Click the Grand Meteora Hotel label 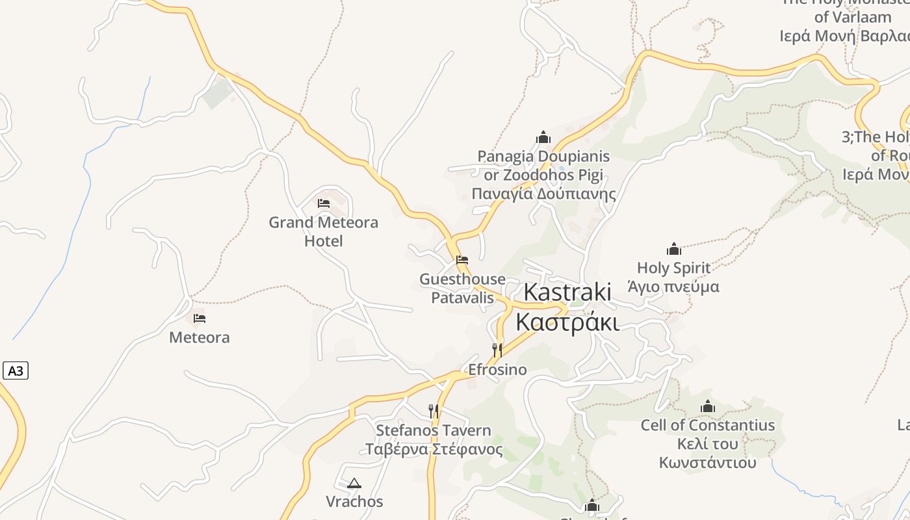(323, 231)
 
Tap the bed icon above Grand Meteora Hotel (324, 203)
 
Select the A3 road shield (16, 371)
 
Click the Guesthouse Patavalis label (462, 288)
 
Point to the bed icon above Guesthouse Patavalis (462, 259)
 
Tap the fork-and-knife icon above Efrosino (497, 350)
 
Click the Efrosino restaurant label (497, 370)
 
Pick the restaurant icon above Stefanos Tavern (434, 411)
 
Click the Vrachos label (354, 502)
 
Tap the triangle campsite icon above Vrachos (354, 483)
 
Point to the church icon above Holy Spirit (673, 248)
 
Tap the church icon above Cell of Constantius (708, 407)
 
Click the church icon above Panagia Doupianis (543, 137)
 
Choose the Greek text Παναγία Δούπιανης (543, 194)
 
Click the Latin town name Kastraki (567, 292)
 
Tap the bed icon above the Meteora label (200, 318)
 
